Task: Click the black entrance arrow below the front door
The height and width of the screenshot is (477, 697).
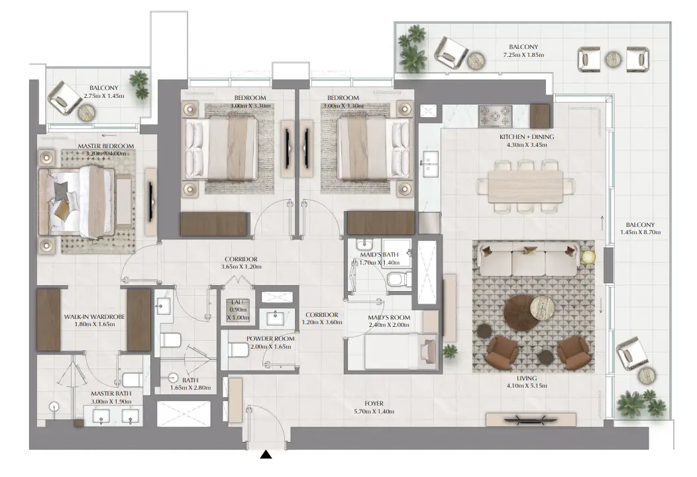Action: coord(266,455)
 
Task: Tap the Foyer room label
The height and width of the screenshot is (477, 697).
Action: coord(374,404)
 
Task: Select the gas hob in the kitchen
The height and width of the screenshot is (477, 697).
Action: coord(495,116)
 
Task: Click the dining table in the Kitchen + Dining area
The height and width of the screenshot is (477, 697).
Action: coord(525,187)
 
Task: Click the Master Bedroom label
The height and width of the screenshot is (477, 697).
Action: coord(106,146)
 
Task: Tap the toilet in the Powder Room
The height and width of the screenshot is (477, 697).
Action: coord(237,350)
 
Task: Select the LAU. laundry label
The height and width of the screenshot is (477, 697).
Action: coord(238,302)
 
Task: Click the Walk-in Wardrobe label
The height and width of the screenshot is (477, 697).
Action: coord(94,317)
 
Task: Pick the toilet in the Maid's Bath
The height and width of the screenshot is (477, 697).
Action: coord(396,280)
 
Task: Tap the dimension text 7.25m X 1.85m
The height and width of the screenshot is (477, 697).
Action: coord(523,55)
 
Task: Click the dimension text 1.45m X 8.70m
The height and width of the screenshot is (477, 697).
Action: coord(640,232)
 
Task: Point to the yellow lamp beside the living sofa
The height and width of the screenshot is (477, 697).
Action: coord(588,257)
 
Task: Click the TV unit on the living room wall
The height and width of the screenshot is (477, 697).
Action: coord(531,419)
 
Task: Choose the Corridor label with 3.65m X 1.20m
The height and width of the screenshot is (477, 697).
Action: coord(241,263)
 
